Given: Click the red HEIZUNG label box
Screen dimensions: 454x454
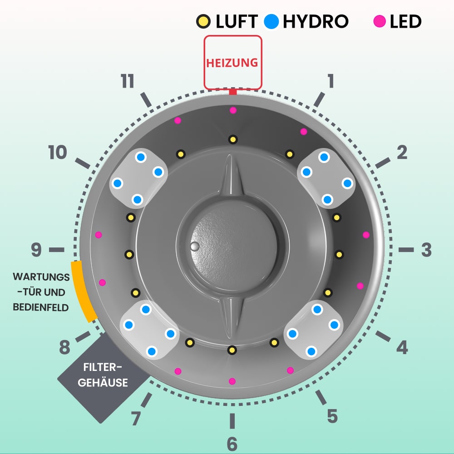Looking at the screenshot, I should [232, 62].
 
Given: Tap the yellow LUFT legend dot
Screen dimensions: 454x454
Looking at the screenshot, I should [202, 21].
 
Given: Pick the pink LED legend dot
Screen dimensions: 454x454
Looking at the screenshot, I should [380, 21].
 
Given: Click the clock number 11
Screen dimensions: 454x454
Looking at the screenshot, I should [128, 82].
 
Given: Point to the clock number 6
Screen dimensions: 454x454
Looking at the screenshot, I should [232, 444].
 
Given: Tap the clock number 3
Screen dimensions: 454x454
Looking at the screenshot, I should [426, 250].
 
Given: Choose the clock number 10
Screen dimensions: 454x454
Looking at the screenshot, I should [58, 153].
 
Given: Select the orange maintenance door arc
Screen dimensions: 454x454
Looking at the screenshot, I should [83, 291].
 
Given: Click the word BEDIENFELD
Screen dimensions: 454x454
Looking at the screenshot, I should [41, 307].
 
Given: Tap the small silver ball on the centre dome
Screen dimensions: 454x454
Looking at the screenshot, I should [195, 246].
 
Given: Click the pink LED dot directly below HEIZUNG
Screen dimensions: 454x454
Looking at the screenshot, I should [233, 110].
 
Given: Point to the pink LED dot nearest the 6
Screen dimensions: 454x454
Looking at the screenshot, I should [232, 381].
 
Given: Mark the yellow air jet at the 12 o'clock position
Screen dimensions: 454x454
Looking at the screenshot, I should [233, 139].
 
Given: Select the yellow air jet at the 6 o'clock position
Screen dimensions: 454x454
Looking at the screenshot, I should [232, 350].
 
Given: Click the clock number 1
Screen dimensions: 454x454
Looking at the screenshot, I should [331, 81].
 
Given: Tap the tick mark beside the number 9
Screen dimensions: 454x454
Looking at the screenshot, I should [57, 250].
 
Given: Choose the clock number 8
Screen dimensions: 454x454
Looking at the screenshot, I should [65, 348].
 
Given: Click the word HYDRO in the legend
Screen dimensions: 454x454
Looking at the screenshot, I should [316, 21].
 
